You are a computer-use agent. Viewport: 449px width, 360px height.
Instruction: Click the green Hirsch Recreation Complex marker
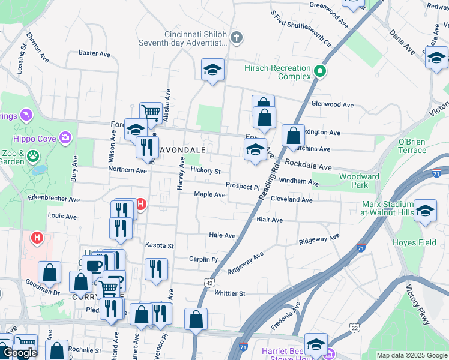[320, 72]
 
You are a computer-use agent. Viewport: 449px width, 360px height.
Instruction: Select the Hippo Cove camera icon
[65, 138]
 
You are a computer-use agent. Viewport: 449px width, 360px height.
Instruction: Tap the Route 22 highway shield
[355, 327]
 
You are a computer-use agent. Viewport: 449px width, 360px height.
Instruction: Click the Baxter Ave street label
[94, 53]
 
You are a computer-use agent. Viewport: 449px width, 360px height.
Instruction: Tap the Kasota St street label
[159, 245]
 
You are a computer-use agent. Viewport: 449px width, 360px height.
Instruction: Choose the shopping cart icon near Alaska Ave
[151, 112]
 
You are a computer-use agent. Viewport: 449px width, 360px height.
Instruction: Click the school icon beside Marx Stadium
[425, 212]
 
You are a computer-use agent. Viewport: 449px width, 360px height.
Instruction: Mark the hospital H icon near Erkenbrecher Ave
[140, 205]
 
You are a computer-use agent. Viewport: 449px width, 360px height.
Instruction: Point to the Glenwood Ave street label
[332, 104]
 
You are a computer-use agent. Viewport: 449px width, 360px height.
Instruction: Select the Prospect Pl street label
[243, 186]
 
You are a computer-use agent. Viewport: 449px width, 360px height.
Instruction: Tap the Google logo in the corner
[20, 353]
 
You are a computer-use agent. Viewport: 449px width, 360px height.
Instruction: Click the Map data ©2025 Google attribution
[411, 355]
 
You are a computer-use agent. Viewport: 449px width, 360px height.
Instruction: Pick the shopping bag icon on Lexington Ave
[292, 136]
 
